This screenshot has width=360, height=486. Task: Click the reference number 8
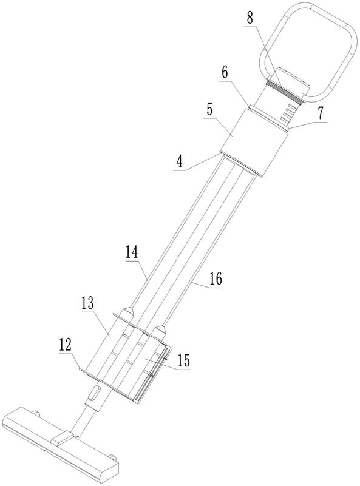point(250,18)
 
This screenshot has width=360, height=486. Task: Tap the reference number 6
point(225,73)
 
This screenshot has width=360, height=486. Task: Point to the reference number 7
point(320,113)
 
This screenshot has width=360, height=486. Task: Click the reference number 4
point(180,163)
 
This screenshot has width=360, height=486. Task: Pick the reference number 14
point(132,252)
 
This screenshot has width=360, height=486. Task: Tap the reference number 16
point(216,279)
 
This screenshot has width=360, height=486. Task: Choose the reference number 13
point(87,303)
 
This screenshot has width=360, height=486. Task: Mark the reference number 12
point(66,345)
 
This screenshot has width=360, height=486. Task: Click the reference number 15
point(183,360)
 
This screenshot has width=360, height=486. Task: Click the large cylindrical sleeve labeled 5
point(254,143)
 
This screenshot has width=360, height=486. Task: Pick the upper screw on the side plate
point(165,359)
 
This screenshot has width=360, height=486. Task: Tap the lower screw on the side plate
point(152,376)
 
